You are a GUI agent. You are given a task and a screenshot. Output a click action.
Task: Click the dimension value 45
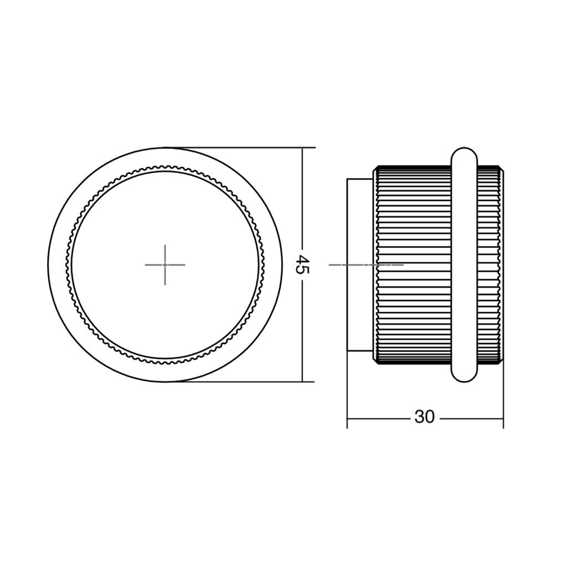click(302, 265)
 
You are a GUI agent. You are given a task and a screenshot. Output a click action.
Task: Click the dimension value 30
click(425, 417)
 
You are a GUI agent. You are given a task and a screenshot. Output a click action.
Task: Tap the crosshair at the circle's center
click(165, 265)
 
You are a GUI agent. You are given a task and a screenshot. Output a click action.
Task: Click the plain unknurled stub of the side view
click(360, 265)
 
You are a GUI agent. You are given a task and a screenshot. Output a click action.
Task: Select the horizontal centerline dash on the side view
click(366, 265)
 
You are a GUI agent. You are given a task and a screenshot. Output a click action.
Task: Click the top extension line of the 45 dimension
click(240, 147)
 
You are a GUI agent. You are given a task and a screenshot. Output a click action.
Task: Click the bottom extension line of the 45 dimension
click(240, 382)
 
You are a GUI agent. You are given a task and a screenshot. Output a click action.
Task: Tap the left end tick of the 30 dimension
click(347, 419)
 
